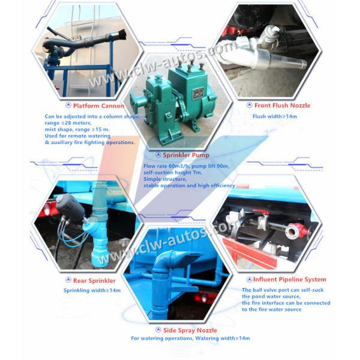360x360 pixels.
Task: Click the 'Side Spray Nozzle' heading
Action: tap(190, 330)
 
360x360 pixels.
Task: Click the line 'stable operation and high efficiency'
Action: tap(189, 186)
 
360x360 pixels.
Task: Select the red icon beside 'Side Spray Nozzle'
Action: tap(158, 330)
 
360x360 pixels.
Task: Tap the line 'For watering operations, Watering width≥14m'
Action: tap(190, 338)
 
